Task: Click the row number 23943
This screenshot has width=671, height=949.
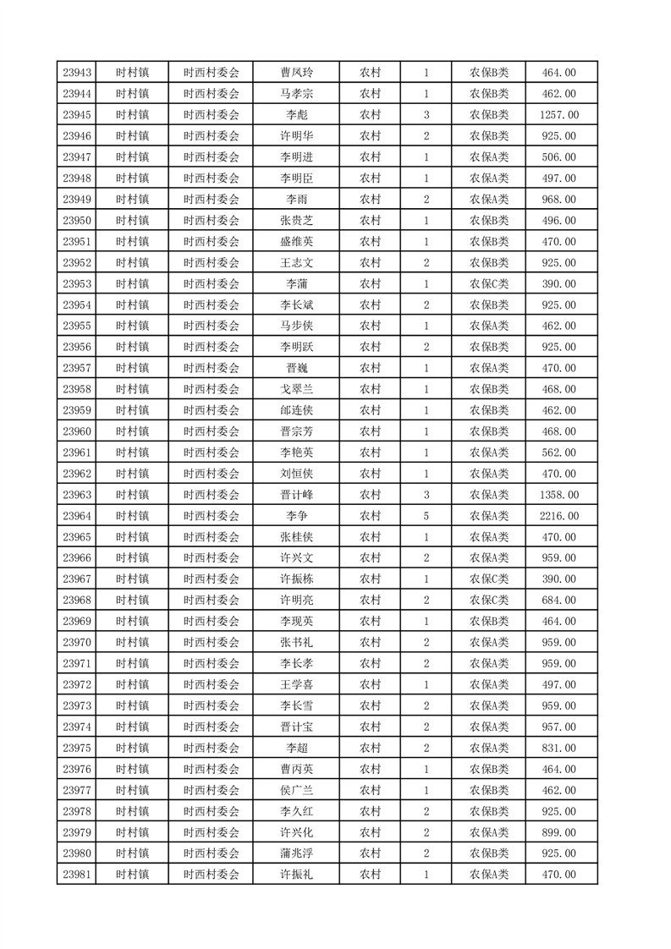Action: pos(77,73)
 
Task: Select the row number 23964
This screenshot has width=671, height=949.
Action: pos(77,516)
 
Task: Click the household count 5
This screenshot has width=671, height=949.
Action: pos(426,516)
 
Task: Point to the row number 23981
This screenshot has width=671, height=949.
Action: pos(77,875)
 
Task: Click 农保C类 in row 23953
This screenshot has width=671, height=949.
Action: pos(489,284)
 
